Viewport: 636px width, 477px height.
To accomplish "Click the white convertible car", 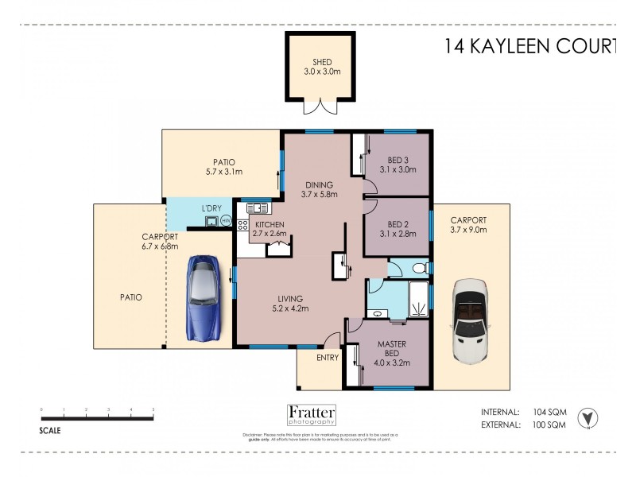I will (467, 323).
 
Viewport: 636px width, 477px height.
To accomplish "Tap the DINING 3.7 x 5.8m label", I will (320, 189).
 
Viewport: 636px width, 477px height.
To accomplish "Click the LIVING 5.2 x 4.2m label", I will (289, 303).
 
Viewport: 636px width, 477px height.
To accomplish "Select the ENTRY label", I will (327, 358).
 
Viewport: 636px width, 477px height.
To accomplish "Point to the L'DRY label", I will (211, 208).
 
